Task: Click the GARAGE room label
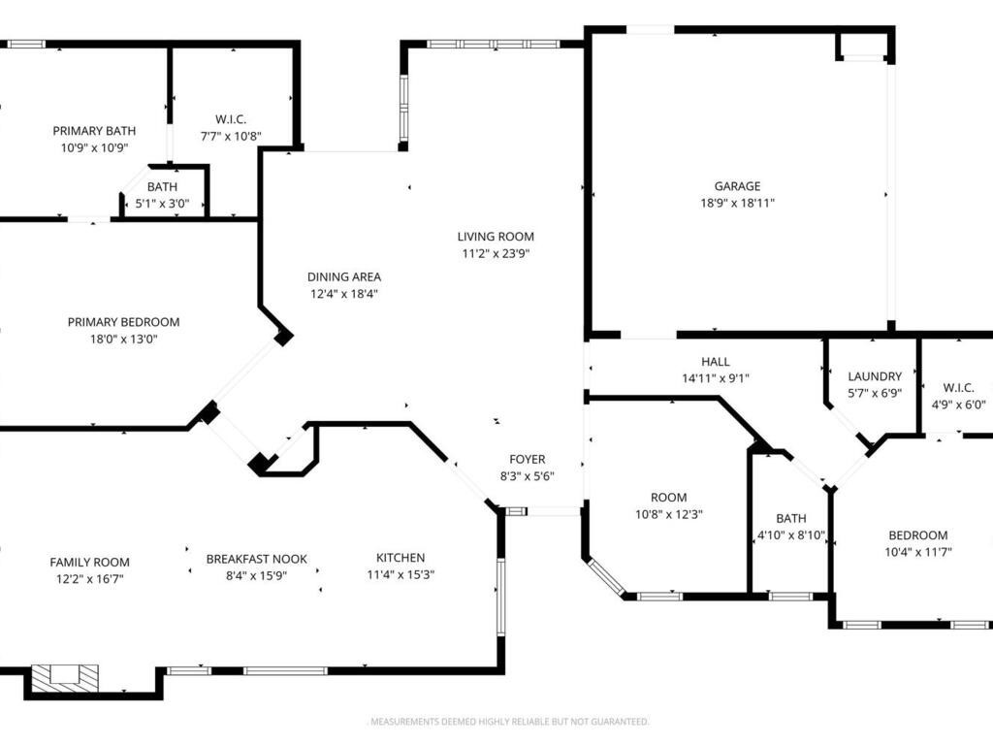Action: click(x=737, y=186)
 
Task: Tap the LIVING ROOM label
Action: click(x=496, y=237)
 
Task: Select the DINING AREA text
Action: click(x=344, y=276)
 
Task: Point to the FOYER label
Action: click(x=527, y=459)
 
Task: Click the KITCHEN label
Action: click(x=400, y=558)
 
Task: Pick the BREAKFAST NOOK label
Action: click(x=256, y=559)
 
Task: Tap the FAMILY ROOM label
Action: click(x=89, y=562)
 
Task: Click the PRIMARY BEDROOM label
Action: click(x=123, y=322)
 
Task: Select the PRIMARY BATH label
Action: click(x=94, y=131)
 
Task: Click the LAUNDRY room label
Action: click(x=875, y=376)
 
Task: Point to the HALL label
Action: click(x=715, y=362)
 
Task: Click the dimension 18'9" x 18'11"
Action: click(x=737, y=204)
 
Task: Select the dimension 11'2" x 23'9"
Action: click(x=496, y=254)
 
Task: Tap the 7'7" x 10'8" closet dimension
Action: click(x=231, y=136)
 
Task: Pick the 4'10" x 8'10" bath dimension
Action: click(x=791, y=535)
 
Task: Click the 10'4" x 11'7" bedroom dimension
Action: click(x=917, y=552)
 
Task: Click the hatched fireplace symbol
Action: click(x=65, y=677)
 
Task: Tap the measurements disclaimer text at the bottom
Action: click(x=510, y=722)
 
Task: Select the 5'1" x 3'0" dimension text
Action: click(x=162, y=204)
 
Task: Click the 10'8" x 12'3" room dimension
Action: click(x=669, y=514)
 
